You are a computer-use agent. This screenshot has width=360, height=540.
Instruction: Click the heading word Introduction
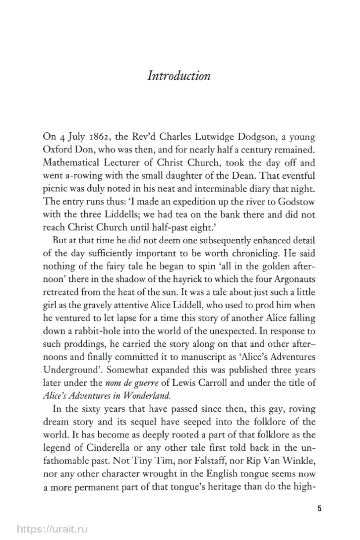(180, 76)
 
